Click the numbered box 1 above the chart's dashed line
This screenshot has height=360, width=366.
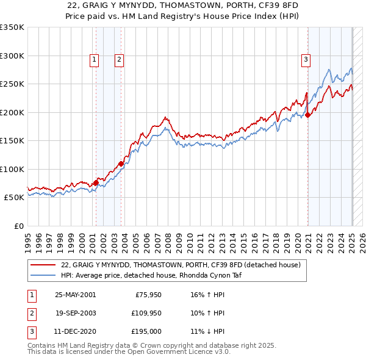[x=95, y=59]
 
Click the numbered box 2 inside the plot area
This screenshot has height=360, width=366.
[x=119, y=59]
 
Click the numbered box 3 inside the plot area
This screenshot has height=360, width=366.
[x=305, y=59]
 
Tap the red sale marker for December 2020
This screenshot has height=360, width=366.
[x=308, y=115]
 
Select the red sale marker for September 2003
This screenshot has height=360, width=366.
[x=121, y=164]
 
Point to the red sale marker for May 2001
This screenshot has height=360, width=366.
[x=96, y=182]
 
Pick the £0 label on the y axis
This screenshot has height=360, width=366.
[x=18, y=226]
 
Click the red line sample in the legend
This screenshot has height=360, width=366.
[x=43, y=265]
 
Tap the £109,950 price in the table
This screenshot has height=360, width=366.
[x=144, y=314]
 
